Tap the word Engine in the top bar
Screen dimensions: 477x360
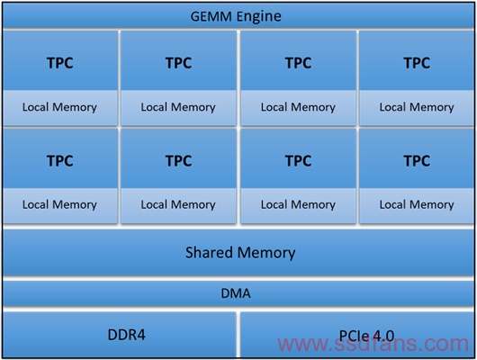259,17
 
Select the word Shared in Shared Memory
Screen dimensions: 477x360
210,252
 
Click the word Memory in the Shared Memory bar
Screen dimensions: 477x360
266,254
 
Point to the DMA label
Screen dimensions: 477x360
236,293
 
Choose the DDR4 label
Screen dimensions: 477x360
127,335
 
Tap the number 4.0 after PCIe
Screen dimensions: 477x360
383,336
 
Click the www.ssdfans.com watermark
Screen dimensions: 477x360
373,344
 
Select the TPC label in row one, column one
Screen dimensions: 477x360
60,63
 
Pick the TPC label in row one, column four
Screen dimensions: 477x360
417,63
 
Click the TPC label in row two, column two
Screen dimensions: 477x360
178,161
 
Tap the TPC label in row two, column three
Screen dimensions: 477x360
298,161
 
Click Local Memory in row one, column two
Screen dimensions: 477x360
178,107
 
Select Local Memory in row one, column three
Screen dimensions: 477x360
298,107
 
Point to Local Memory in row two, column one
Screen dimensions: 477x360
59,204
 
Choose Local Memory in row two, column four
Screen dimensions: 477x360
417,204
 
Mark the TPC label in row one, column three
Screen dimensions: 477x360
298,63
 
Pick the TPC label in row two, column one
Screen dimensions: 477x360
60,161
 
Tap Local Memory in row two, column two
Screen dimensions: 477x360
178,204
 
